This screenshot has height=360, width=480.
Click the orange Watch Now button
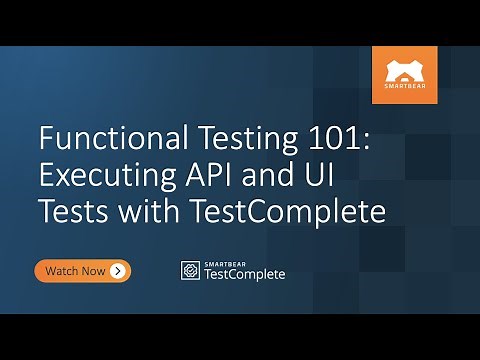click(x=83, y=270)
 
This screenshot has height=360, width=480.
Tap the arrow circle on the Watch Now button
click(x=118, y=270)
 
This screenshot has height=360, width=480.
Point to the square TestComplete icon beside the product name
click(x=189, y=270)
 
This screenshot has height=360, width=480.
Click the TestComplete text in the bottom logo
click(x=244, y=274)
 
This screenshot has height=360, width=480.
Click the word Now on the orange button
click(x=95, y=270)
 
